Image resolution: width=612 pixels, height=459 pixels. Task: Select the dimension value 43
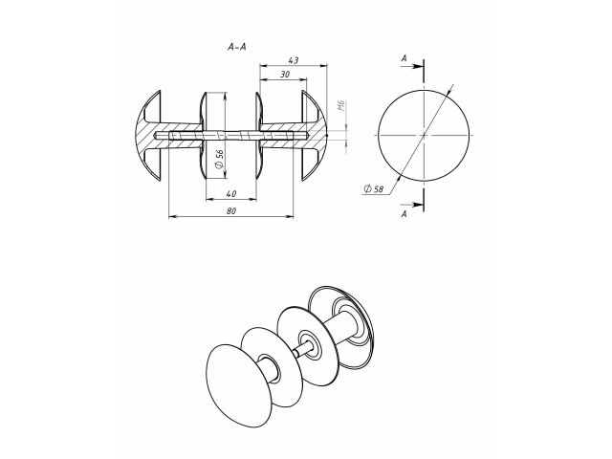[293, 60]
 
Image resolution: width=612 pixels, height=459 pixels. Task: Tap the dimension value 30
[285, 75]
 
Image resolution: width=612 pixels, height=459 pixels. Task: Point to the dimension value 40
[231, 194]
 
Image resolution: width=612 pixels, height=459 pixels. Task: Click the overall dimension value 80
[231, 211]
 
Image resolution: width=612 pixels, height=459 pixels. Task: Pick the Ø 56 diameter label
[220, 160]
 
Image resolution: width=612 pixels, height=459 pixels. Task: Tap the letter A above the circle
[404, 59]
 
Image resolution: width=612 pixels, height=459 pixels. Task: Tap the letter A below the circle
[404, 216]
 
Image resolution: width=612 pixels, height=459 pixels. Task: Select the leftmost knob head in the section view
[148, 137]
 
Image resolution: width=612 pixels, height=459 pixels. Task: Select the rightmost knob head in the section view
[316, 137]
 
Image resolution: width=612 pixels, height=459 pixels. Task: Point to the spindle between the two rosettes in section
[231, 137]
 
